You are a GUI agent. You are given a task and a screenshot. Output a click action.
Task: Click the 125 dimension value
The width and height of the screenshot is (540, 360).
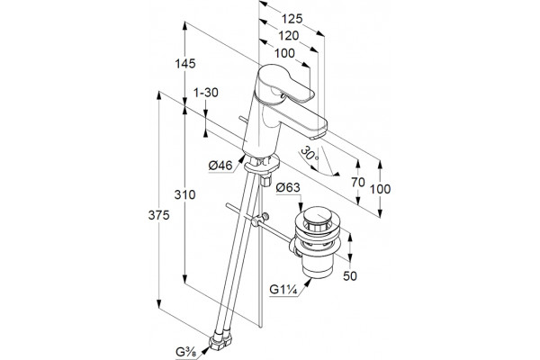[x=292, y=19]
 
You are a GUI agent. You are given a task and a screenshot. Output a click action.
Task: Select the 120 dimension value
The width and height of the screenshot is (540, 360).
[x=289, y=35]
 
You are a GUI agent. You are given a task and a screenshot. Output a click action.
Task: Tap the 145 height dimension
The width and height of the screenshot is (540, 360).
[x=185, y=63]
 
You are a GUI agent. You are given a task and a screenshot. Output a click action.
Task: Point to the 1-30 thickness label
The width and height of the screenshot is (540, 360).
[x=206, y=93]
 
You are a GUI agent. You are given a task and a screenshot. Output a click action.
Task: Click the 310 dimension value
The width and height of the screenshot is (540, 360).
[x=184, y=194]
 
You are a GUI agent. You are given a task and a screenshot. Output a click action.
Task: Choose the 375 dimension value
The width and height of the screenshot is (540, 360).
[x=158, y=215]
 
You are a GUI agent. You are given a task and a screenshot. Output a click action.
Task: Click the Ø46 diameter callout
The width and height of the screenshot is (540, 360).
[x=220, y=166]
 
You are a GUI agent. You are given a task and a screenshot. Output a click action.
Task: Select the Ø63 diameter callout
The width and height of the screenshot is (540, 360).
[x=288, y=188]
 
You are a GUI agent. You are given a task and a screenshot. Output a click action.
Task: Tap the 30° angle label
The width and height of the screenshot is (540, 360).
[x=310, y=154]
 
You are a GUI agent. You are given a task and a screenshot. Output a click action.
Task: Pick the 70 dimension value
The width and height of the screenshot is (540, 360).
[x=358, y=182]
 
